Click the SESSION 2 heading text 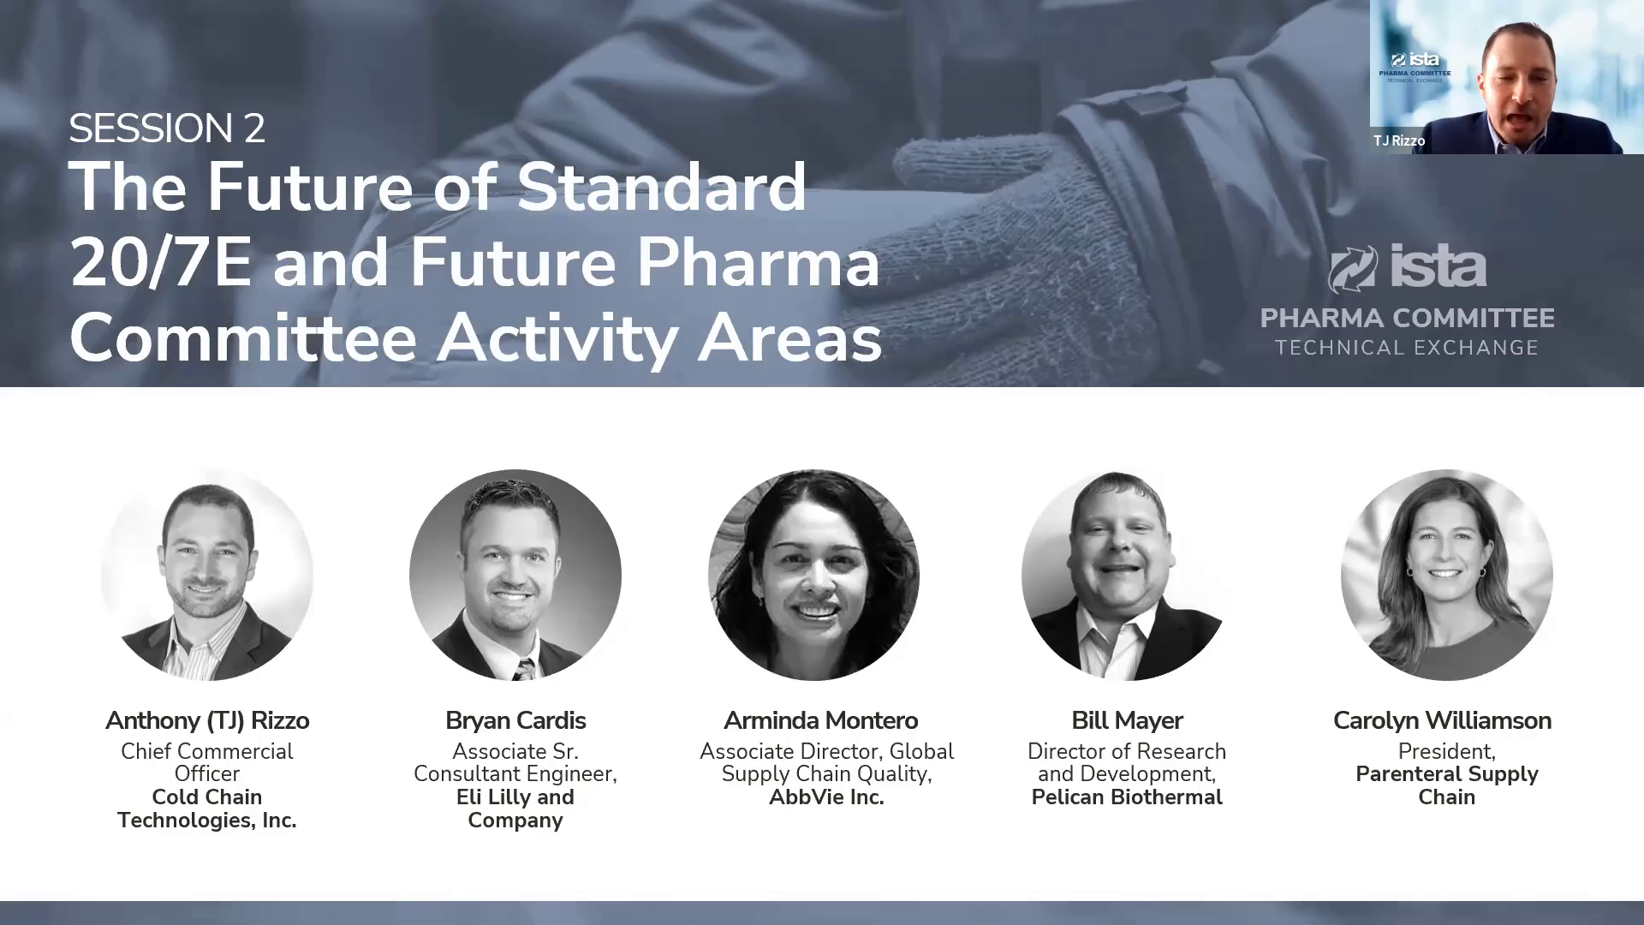167,128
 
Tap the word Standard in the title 661,187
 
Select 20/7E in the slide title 161,262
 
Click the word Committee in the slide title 242,337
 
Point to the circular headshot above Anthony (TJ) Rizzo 207,575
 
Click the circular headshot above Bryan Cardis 515,575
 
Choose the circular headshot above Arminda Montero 813,575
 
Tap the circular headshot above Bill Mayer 1127,575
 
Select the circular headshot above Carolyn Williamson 1447,575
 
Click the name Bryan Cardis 515,720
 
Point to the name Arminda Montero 820,720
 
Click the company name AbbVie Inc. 826,797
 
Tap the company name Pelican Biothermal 1127,797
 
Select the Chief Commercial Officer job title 207,762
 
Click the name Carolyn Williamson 1442,720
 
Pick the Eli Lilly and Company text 515,809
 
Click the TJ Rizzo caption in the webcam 1399,140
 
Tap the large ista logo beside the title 1407,267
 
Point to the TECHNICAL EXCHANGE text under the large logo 1407,348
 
